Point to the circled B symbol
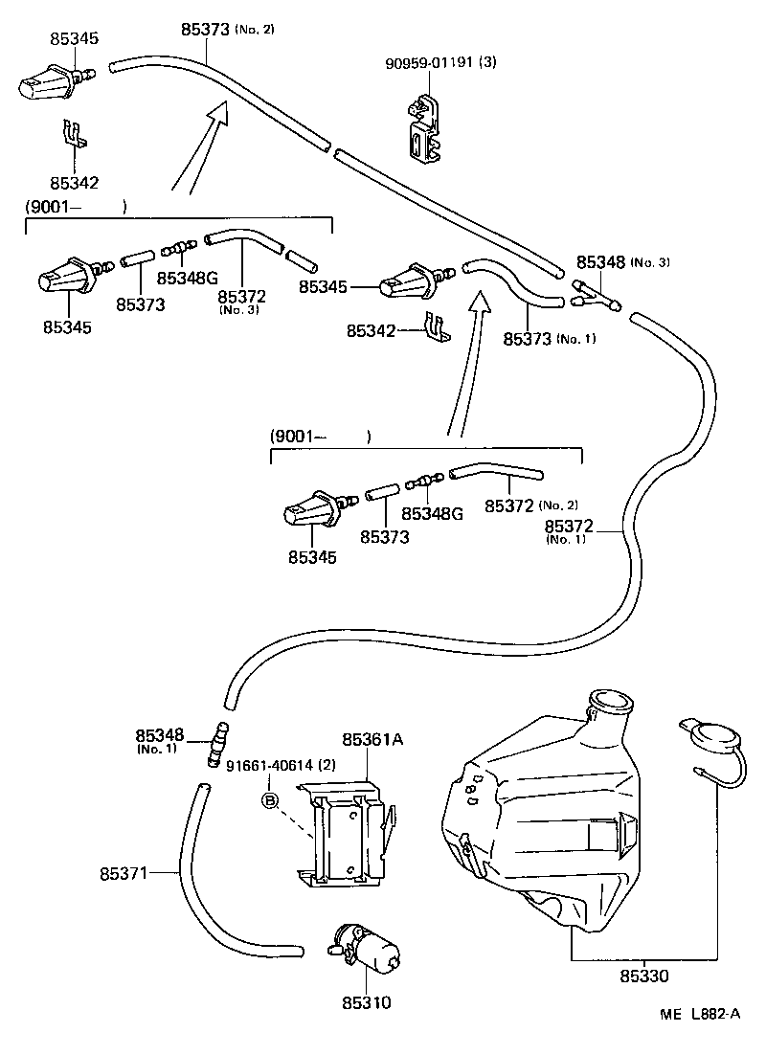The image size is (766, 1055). pos(271,799)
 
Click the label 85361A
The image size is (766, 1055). pos(372,738)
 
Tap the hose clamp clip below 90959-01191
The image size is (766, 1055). pos(427,129)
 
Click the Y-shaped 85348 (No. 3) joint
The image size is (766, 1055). pos(596,294)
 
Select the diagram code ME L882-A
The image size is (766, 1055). pos(699,1014)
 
